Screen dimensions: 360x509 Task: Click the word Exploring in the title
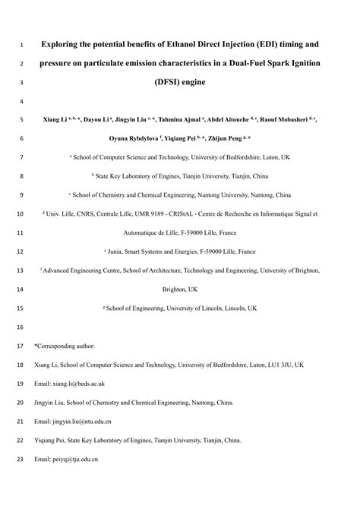[x=61, y=44]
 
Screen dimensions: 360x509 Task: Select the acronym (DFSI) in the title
[x=166, y=81]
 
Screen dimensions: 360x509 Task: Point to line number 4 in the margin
[x=21, y=101]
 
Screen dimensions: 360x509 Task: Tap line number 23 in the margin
[x=21, y=459]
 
